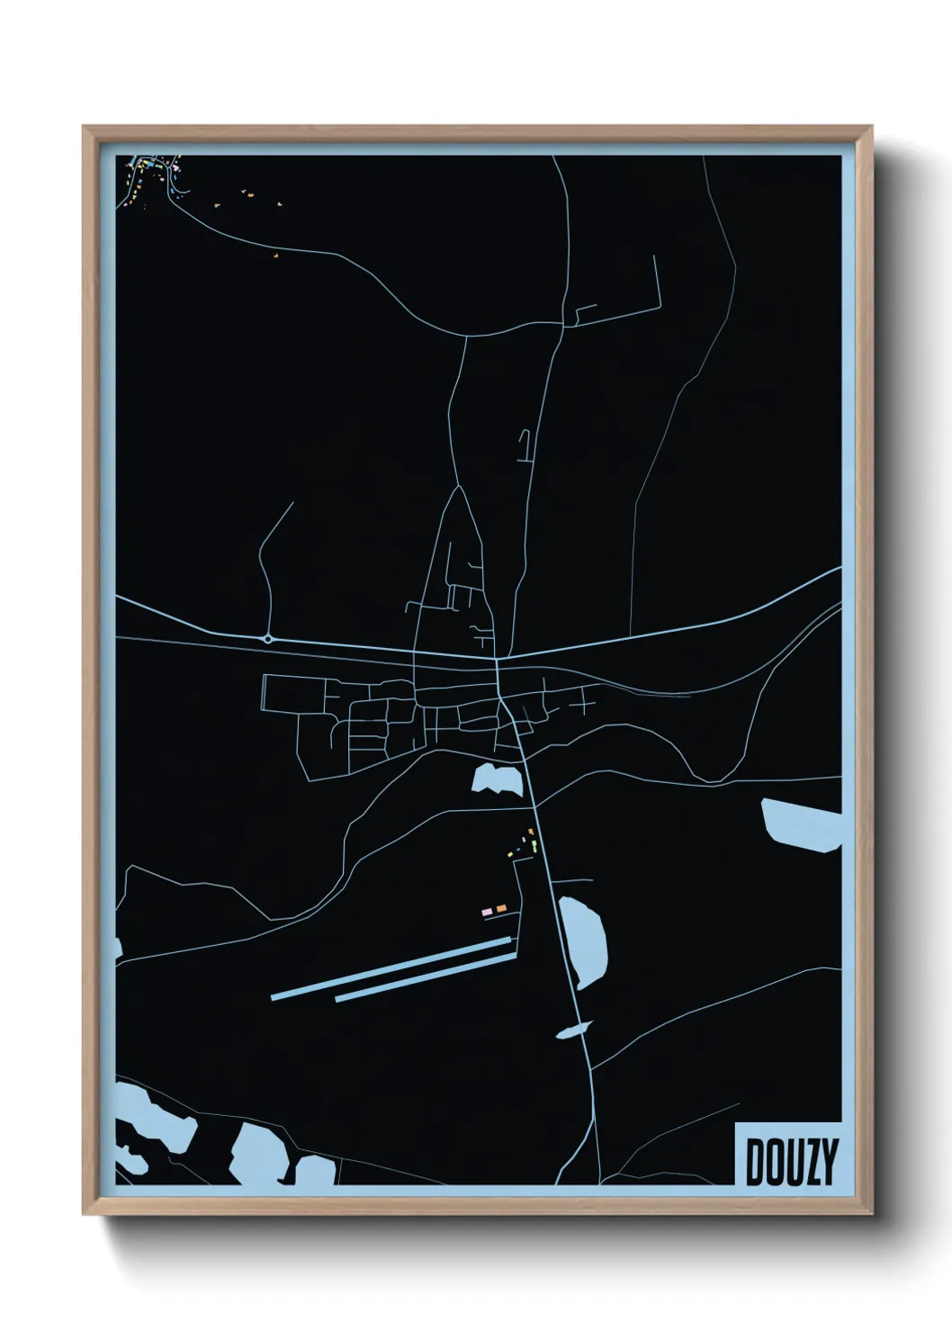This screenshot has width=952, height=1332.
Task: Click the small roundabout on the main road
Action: [x=268, y=639]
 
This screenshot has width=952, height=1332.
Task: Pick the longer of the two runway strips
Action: [x=391, y=967]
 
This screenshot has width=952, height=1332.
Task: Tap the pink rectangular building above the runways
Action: [x=488, y=911]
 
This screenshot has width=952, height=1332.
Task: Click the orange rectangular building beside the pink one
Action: [x=501, y=910]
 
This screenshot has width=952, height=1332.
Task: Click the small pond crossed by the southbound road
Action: [x=573, y=1030]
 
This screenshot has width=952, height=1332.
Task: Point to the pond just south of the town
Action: [x=497, y=779]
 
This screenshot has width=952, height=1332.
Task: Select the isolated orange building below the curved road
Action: [x=276, y=256]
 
